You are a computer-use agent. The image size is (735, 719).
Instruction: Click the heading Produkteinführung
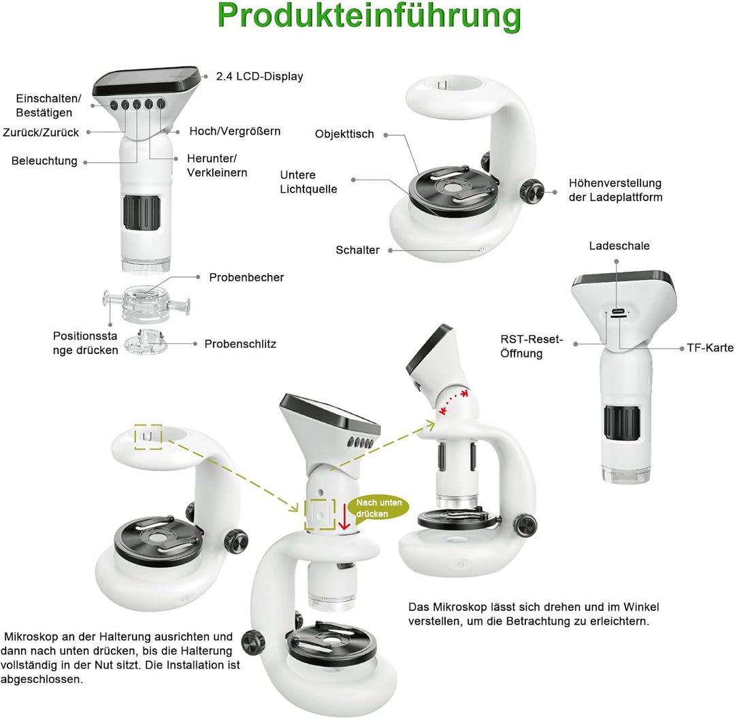pyautogui.click(x=370, y=16)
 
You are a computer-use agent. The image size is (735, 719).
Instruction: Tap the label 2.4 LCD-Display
pyautogui.click(x=259, y=76)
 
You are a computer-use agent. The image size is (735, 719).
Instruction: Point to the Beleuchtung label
pyautogui.click(x=44, y=161)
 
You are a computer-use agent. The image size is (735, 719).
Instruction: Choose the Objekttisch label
pyautogui.click(x=344, y=134)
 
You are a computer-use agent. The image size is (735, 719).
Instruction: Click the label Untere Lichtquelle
pyautogui.click(x=308, y=182)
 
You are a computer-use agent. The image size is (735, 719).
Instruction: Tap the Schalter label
pyautogui.click(x=357, y=250)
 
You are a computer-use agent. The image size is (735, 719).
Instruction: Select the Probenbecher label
pyautogui.click(x=246, y=277)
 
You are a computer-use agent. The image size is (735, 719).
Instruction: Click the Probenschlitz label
pyautogui.click(x=240, y=344)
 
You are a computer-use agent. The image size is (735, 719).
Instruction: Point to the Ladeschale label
pyautogui.click(x=619, y=246)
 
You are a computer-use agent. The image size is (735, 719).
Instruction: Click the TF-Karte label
pyautogui.click(x=710, y=348)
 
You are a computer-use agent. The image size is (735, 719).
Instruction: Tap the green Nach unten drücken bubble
pyautogui.click(x=379, y=508)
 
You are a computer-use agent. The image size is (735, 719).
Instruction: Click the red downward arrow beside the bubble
pyautogui.click(x=344, y=517)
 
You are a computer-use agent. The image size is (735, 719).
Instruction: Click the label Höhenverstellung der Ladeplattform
pyautogui.click(x=615, y=190)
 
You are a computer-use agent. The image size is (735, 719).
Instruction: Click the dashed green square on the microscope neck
pyautogui.click(x=319, y=514)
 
